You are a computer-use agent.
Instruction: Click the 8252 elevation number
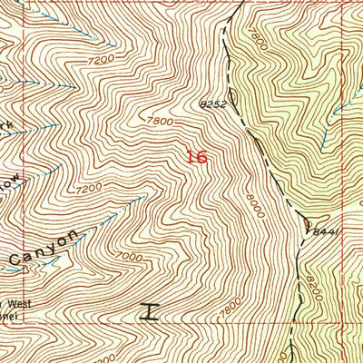[x=211, y=105]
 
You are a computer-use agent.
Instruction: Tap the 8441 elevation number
[x=325, y=232]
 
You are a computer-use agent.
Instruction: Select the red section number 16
[x=196, y=157]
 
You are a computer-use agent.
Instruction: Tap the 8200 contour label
[x=313, y=276]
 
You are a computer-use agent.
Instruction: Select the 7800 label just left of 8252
[x=157, y=120]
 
